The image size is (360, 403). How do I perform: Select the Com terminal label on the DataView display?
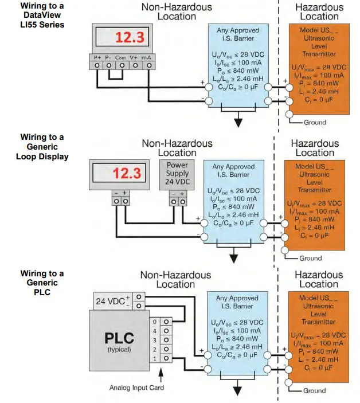[x=120, y=58]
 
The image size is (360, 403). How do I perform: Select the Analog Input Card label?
[x=136, y=388]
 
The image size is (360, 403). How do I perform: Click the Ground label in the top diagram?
[x=315, y=122]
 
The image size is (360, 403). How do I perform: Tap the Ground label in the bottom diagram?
[x=315, y=390]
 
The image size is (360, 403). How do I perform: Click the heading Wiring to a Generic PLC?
[x=42, y=283]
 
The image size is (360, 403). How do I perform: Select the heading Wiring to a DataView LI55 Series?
[x=42, y=15]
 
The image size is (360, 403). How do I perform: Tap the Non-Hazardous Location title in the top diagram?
[x=177, y=12]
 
